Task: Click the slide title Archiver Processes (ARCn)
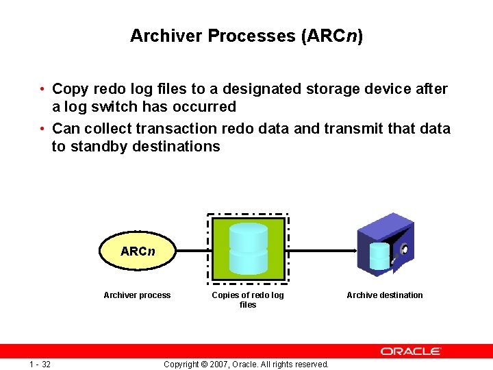[x=246, y=36]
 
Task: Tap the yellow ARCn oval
[x=138, y=251]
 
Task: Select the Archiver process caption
[x=137, y=295]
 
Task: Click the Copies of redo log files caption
[x=248, y=299]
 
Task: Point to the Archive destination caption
[x=385, y=295]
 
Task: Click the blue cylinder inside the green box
[x=249, y=248]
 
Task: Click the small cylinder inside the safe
[x=379, y=256]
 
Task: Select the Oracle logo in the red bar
[x=411, y=351]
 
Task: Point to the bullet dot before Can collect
[x=42, y=128]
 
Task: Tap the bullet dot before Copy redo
[x=42, y=89]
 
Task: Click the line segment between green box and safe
[x=322, y=251]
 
